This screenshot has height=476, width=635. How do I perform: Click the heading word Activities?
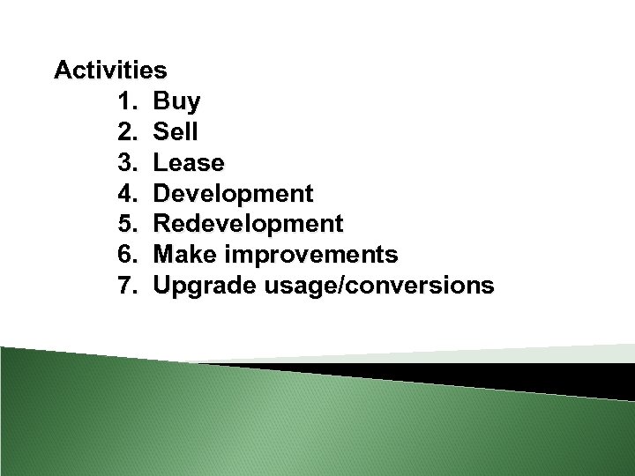tap(110, 70)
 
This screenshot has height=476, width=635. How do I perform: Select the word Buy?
tap(176, 101)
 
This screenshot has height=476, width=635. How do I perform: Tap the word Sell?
tap(176, 132)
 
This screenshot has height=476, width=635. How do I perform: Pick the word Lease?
tap(189, 163)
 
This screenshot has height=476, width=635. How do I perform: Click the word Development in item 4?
tap(233, 194)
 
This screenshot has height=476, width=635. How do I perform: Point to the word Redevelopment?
tap(248, 224)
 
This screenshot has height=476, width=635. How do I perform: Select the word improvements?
tap(310, 255)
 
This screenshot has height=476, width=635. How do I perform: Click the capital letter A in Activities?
tap(63, 70)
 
